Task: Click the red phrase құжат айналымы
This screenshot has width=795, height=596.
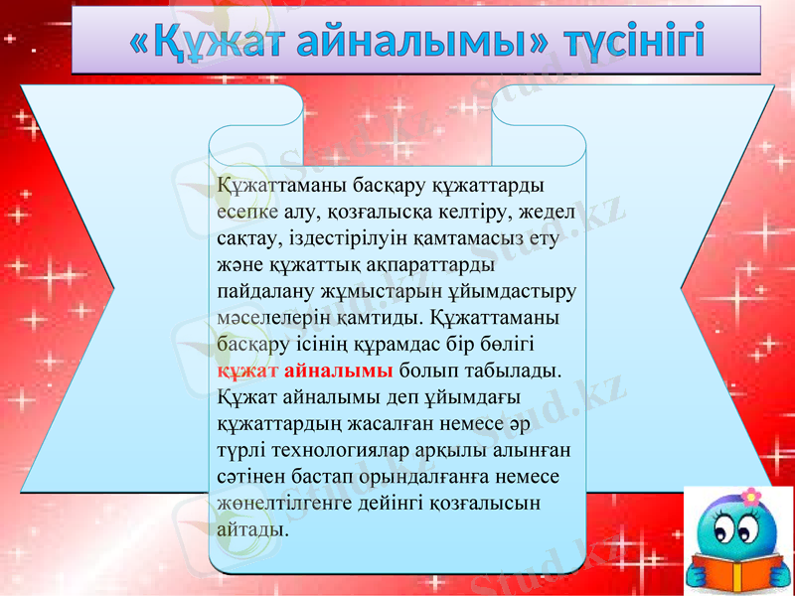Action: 306,371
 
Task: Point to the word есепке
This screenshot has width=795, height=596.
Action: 248,212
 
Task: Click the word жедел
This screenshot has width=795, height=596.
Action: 532,212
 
